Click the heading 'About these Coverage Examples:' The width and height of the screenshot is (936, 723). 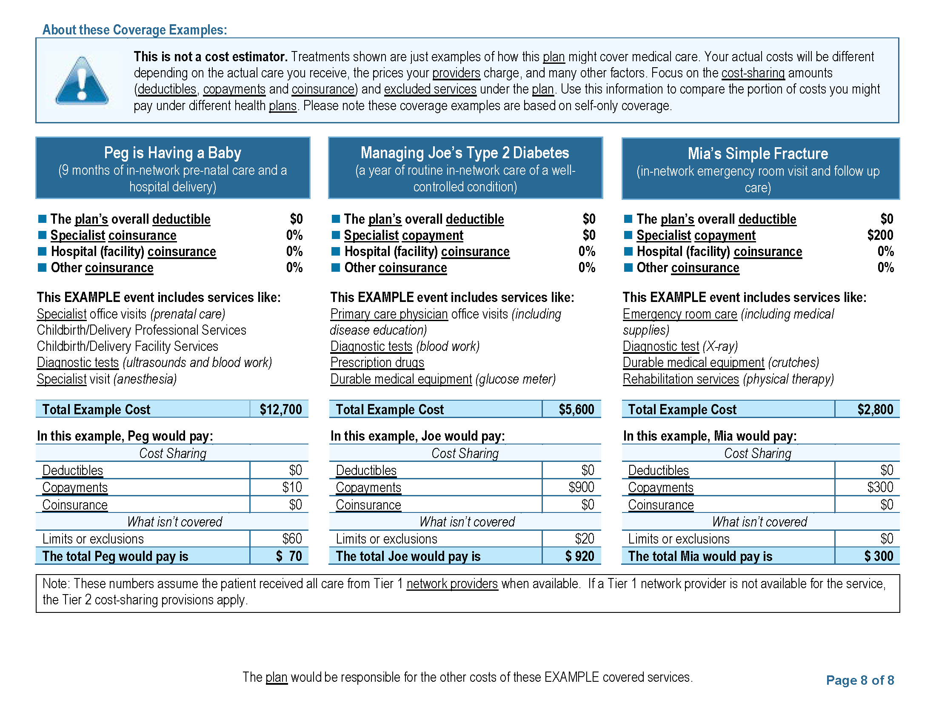click(134, 29)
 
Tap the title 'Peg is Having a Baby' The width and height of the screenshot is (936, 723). click(172, 153)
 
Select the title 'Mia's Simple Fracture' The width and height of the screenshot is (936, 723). click(757, 154)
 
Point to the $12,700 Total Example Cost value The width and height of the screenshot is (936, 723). click(281, 410)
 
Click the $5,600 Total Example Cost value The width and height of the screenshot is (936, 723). click(576, 410)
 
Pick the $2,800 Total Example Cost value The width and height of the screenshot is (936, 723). click(875, 410)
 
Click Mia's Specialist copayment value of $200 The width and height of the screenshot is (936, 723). click(880, 235)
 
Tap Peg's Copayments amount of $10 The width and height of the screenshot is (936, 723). click(292, 487)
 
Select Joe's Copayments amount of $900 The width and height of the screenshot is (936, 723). click(581, 487)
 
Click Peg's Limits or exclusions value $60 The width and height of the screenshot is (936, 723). click(292, 539)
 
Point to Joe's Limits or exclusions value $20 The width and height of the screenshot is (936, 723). click(584, 539)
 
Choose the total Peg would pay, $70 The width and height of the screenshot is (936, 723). click(289, 556)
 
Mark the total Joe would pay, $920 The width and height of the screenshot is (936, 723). click(579, 556)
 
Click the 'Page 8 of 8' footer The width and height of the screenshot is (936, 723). click(860, 680)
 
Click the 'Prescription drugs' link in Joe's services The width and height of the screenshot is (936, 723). click(377, 363)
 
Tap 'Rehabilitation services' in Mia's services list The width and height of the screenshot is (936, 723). click(681, 379)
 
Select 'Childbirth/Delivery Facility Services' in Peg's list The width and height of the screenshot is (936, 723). click(127, 346)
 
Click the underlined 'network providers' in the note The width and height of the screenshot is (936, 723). click(452, 584)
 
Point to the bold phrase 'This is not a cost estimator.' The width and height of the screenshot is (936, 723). click(211, 57)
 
